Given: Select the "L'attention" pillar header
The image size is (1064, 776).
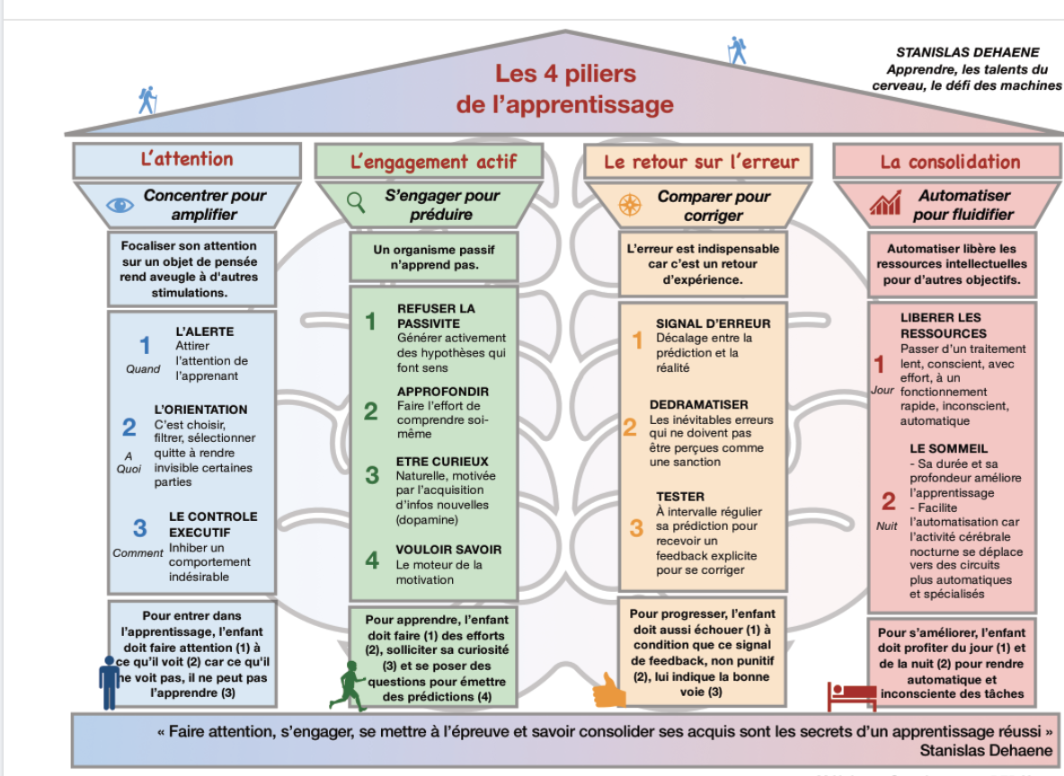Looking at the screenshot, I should (186, 160).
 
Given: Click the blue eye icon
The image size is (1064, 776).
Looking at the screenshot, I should (120, 205).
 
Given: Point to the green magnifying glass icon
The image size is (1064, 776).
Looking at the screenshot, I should (356, 201).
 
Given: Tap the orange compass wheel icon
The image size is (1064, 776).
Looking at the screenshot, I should (630, 205).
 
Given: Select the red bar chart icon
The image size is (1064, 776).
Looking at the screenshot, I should (884, 204).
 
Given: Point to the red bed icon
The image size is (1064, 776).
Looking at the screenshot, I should (850, 694).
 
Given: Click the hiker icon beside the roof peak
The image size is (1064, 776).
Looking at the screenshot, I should (737, 49).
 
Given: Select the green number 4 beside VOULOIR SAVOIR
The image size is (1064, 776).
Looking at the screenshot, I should (371, 560).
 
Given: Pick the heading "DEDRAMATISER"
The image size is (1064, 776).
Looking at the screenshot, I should (698, 404).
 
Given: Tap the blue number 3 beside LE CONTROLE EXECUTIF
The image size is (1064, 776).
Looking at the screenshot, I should (139, 527).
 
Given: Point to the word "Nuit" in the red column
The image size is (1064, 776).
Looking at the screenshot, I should (887, 525).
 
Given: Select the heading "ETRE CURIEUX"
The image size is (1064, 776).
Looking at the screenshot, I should (430, 461).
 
